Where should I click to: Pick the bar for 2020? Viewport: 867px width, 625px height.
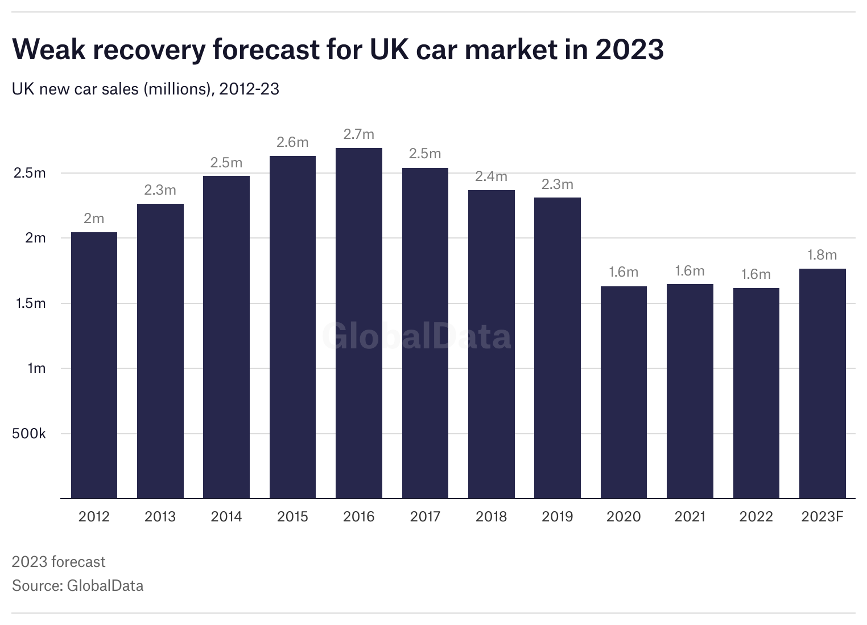coord(624,392)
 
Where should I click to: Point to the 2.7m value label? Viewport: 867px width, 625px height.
coord(359,134)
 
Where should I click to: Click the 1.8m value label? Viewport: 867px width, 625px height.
coord(822,255)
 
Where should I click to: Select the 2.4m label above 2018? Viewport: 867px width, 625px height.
coord(491,176)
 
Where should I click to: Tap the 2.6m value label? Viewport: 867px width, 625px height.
coord(292,142)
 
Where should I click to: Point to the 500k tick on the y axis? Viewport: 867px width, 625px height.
coord(28,434)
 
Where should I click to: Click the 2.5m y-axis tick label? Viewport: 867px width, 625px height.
coord(29,173)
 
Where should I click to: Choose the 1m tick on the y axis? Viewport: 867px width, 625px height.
coord(36,368)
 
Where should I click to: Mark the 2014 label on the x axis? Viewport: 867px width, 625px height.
coord(226,517)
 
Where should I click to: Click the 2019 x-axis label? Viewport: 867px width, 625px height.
coord(558,517)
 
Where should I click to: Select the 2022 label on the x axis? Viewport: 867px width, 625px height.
coord(756,517)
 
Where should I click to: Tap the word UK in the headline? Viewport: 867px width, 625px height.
coord(389,50)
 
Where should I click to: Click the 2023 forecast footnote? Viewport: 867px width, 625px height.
coord(59,562)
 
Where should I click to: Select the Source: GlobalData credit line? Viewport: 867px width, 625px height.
coord(77,586)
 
